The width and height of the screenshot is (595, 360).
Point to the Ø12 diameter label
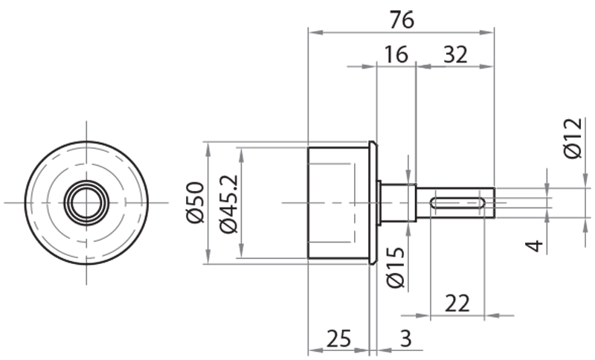(572, 138)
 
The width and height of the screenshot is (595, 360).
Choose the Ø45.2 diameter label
(229, 202)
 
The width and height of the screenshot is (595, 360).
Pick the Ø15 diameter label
(395, 267)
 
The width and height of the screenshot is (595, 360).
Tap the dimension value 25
(338, 338)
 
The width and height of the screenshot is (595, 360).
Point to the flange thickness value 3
(405, 338)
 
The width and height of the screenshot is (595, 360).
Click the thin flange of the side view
(373, 202)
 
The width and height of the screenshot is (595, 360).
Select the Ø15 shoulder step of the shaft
(397, 202)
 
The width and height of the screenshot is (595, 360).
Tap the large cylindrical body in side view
(338, 202)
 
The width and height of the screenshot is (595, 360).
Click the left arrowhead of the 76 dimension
(313, 32)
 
